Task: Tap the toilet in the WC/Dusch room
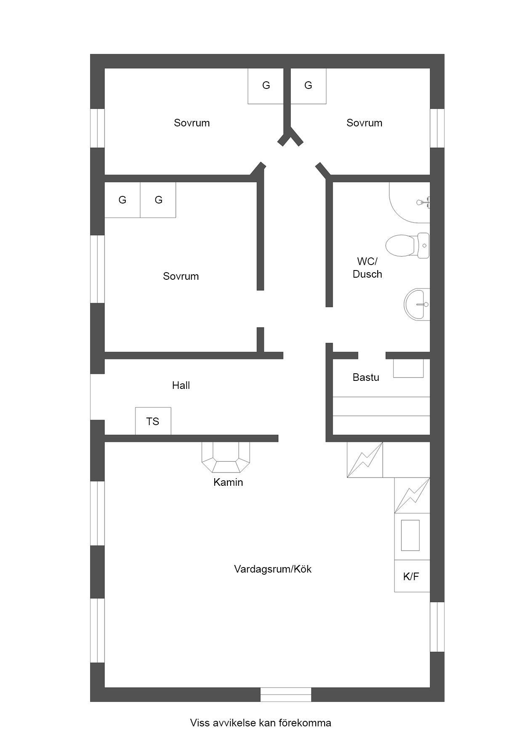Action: coord(407,245)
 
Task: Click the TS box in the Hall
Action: coord(153,421)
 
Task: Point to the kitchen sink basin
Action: coord(410,535)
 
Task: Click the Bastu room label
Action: coord(366,377)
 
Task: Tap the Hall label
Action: coord(181,385)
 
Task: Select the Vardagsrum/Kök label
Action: coord(273,569)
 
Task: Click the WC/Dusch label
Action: coord(368,268)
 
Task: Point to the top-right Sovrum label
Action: coord(365,123)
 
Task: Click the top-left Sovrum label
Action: coord(192,123)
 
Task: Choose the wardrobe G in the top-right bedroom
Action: coord(309,86)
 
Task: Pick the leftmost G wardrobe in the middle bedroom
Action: coord(123,200)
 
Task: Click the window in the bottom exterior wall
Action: coord(286,694)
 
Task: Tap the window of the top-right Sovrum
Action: coord(437,128)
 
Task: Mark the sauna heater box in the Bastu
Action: coord(408,368)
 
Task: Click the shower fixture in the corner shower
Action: coord(423,203)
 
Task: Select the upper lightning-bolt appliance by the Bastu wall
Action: coord(365,460)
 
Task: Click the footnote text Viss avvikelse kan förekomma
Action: coord(261,723)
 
